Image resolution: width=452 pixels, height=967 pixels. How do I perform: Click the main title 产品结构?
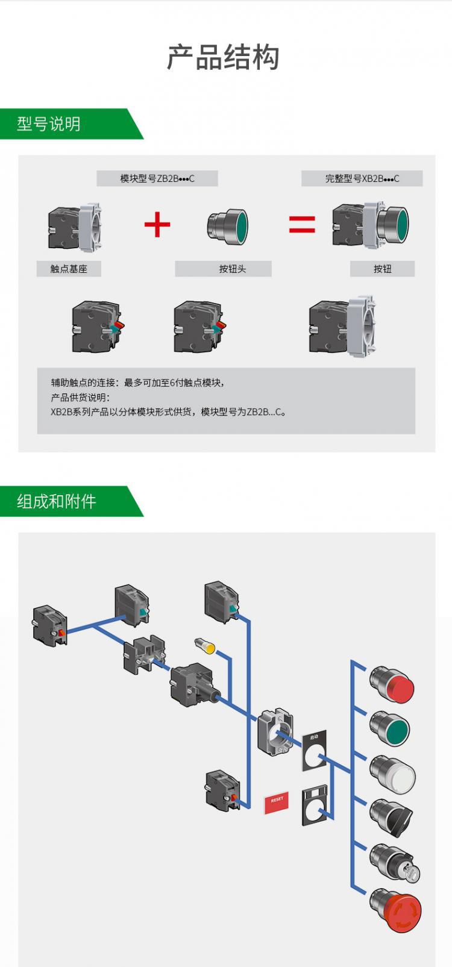[223, 58]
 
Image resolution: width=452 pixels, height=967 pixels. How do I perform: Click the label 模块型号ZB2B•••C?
[157, 178]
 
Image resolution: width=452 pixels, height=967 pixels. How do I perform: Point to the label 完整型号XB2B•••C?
[362, 178]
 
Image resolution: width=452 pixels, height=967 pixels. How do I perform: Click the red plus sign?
[157, 225]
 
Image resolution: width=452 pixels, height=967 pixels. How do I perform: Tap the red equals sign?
[302, 225]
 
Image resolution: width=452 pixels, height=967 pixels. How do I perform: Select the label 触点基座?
[69, 269]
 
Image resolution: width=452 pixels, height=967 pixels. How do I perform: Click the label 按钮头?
[232, 269]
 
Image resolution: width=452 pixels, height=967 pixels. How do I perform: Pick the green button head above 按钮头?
[228, 226]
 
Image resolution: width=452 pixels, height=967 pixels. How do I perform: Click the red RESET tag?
[277, 801]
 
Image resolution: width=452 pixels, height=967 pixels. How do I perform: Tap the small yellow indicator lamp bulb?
[206, 646]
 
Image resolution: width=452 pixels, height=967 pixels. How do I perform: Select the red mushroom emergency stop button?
[396, 911]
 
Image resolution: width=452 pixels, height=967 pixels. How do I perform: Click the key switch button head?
[395, 863]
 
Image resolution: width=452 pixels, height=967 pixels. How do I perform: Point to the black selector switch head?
[392, 818]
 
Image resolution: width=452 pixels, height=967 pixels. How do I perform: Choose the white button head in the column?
[392, 774]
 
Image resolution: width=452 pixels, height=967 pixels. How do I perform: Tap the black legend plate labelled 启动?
[315, 751]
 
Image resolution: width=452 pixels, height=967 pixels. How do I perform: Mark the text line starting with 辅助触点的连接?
[138, 383]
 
